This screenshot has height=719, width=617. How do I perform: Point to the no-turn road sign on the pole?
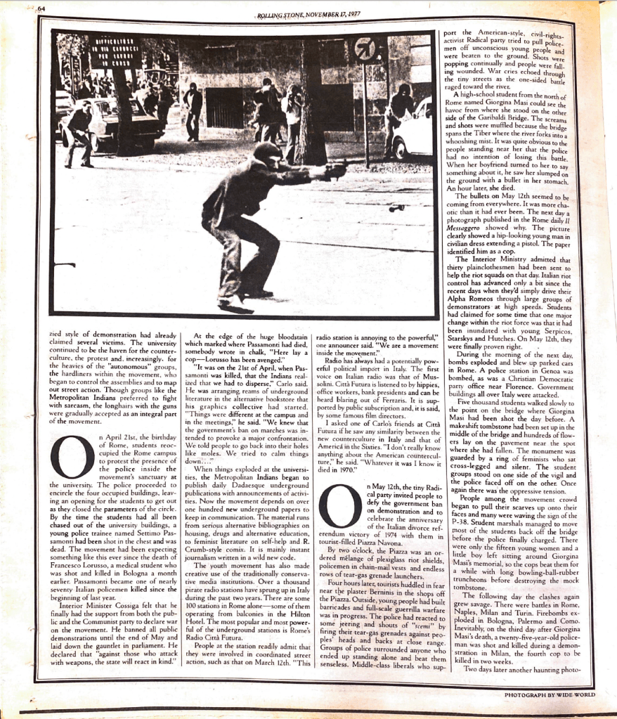pos(363,49)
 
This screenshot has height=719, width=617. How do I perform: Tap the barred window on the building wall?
pos(223,107)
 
